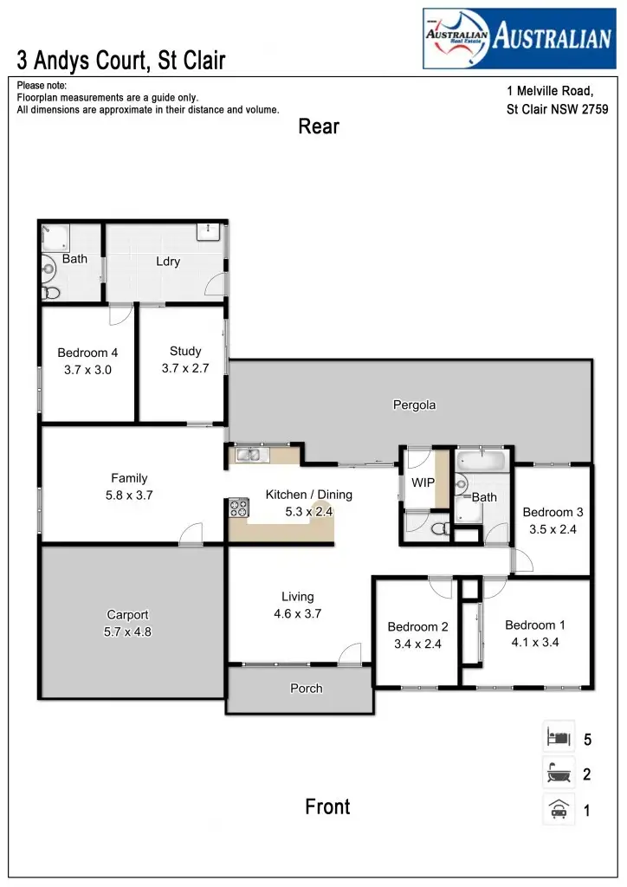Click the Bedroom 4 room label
click(87, 353)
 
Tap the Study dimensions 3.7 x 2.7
click(185, 368)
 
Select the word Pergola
click(414, 405)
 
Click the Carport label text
click(128, 615)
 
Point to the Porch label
click(306, 689)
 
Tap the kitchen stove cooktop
click(238, 508)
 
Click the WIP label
click(423, 482)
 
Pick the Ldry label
click(168, 262)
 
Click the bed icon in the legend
click(559, 739)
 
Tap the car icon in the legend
click(559, 811)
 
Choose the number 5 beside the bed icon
click(587, 740)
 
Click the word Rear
click(319, 126)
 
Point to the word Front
click(327, 807)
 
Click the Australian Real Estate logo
click(518, 38)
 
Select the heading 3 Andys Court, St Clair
click(121, 61)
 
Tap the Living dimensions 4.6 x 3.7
click(297, 614)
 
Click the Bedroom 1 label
click(535, 625)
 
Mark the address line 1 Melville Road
click(549, 91)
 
